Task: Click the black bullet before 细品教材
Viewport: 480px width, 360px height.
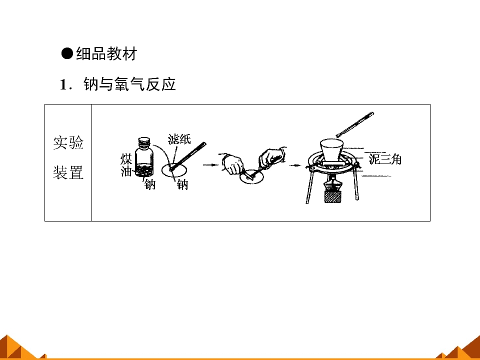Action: point(67,53)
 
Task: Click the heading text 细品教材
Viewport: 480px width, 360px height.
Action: point(106,54)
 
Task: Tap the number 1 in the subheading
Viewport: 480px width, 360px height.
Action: point(63,85)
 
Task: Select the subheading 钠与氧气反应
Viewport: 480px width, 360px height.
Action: point(129,84)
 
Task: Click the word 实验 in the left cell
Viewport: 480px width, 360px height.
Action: point(68,142)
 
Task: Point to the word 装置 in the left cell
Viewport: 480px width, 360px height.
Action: point(68,172)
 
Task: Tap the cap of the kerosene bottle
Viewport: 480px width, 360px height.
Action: point(144,141)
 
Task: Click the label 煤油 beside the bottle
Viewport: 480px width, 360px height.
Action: point(126,165)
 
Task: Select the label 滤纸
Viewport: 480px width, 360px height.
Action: point(179,139)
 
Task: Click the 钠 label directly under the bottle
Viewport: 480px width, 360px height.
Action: point(150,184)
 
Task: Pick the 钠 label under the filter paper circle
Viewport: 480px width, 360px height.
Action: point(182,184)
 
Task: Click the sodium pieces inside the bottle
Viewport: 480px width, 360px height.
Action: point(144,171)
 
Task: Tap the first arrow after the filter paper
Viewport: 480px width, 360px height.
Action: point(210,165)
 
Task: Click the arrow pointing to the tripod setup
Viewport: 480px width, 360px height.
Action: point(295,165)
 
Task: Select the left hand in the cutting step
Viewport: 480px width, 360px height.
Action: point(232,164)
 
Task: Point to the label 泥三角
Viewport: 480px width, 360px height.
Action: point(385,159)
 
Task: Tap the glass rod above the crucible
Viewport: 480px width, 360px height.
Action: point(355,124)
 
